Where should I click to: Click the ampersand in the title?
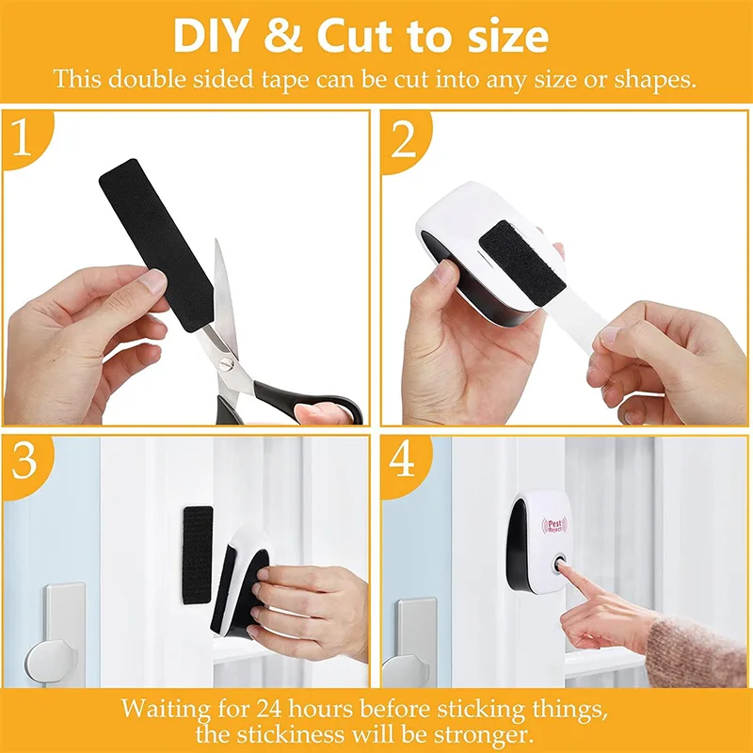(x=290, y=36)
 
